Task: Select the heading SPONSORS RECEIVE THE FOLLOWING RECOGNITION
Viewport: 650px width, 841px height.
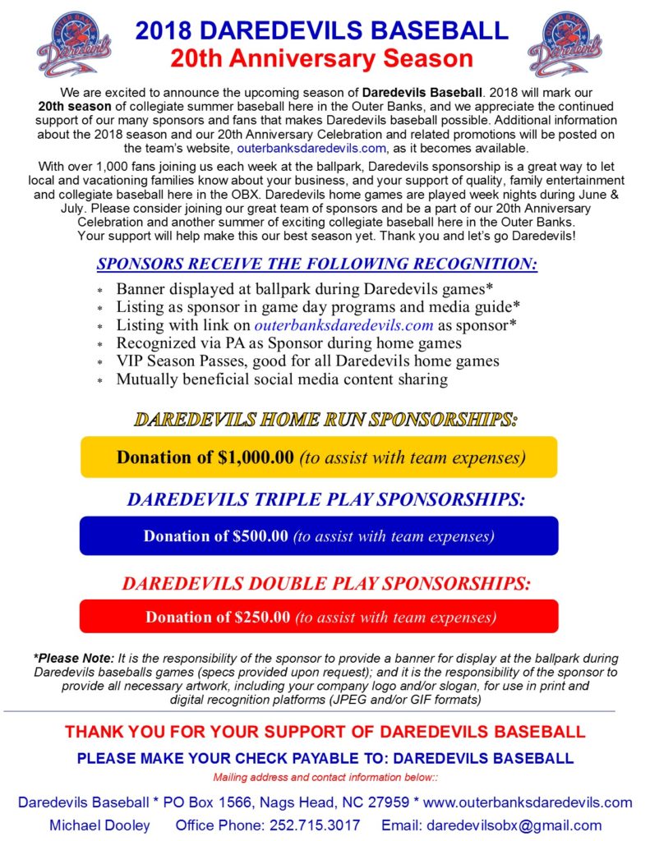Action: (317, 264)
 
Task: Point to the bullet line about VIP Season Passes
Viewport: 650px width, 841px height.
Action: (307, 361)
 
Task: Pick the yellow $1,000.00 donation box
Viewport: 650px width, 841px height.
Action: (319, 457)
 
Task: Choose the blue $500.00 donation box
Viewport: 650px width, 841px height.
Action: (319, 536)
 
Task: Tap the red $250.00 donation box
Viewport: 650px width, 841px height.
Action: (319, 617)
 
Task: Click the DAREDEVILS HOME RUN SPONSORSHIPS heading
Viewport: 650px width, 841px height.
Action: (325, 419)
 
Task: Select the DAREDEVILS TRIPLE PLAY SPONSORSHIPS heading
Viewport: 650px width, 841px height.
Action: (325, 499)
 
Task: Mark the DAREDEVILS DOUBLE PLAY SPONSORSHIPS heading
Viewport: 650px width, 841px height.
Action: (326, 583)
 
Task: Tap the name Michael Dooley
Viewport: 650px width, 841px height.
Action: (99, 825)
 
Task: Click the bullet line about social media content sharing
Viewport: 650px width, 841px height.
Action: (281, 379)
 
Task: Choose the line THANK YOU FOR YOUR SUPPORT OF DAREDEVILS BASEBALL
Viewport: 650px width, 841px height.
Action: (325, 732)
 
